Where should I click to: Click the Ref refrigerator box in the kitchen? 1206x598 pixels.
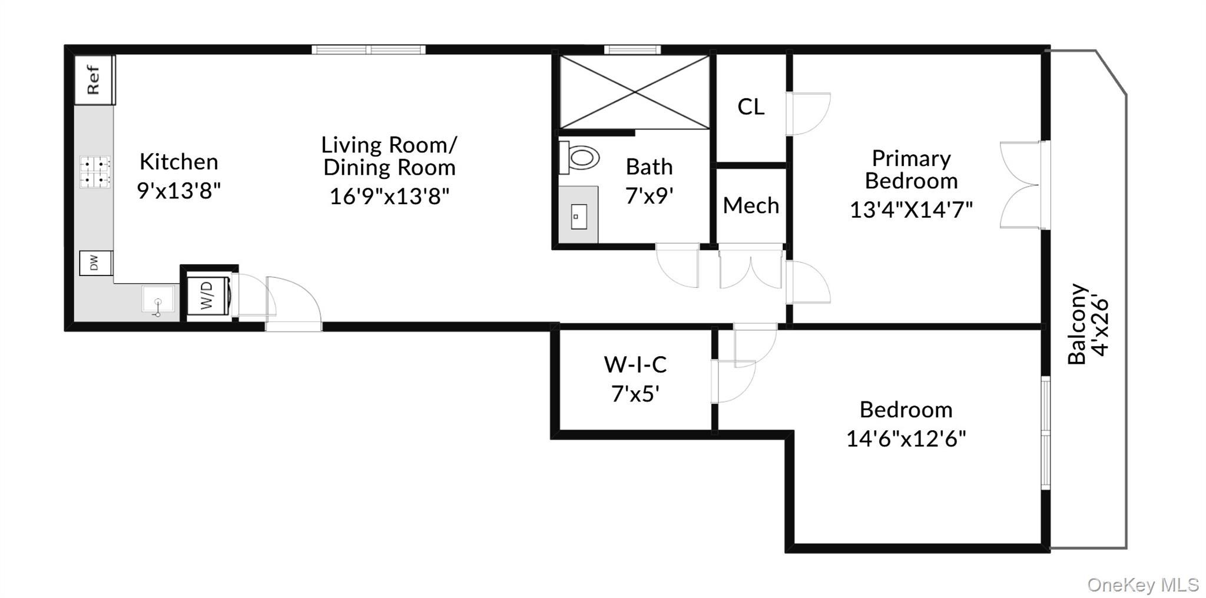click(x=94, y=80)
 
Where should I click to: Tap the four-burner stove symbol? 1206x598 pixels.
click(x=95, y=172)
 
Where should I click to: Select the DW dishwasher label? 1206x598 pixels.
click(x=95, y=263)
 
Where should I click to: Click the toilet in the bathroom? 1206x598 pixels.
click(x=580, y=158)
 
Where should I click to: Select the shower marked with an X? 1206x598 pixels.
click(x=634, y=92)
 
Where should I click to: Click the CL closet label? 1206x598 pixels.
click(x=751, y=107)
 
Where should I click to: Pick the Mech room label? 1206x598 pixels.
click(x=751, y=206)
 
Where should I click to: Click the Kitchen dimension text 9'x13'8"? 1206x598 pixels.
click(x=179, y=191)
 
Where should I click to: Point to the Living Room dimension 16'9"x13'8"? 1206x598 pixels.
click(x=389, y=196)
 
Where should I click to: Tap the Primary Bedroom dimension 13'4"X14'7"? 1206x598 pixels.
click(x=911, y=210)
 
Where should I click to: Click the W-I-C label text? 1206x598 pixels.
click(x=635, y=365)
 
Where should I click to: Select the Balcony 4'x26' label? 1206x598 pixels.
click(x=1088, y=325)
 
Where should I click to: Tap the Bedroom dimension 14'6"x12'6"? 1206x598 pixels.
click(x=906, y=438)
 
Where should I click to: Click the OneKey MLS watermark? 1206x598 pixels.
click(x=1142, y=584)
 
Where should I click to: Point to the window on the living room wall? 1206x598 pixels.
click(x=368, y=49)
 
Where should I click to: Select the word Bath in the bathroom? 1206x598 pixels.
click(x=649, y=167)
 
